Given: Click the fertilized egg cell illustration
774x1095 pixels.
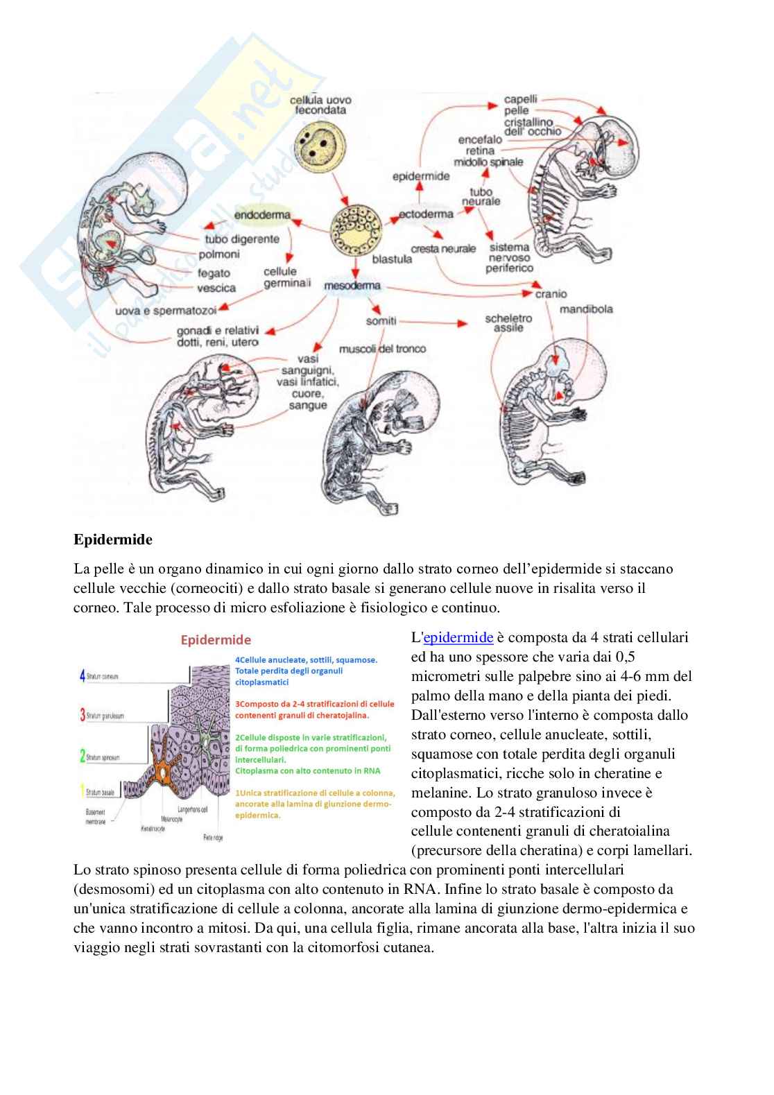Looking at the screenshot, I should pyautogui.click(x=316, y=143).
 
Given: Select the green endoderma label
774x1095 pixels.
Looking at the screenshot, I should pyautogui.click(x=262, y=215).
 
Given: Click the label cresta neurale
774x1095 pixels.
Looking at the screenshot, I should pyautogui.click(x=443, y=248).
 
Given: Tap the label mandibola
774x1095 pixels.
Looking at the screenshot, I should pyautogui.click(x=586, y=309).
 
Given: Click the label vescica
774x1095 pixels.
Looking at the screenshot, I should pyautogui.click(x=216, y=288).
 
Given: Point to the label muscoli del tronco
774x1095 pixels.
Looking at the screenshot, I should pyautogui.click(x=382, y=348).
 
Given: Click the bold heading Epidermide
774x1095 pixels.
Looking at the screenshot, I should pyautogui.click(x=113, y=539).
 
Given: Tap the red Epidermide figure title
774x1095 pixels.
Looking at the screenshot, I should pyautogui.click(x=216, y=640).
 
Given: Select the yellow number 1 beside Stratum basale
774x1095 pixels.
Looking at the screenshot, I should pyautogui.click(x=82, y=791).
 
